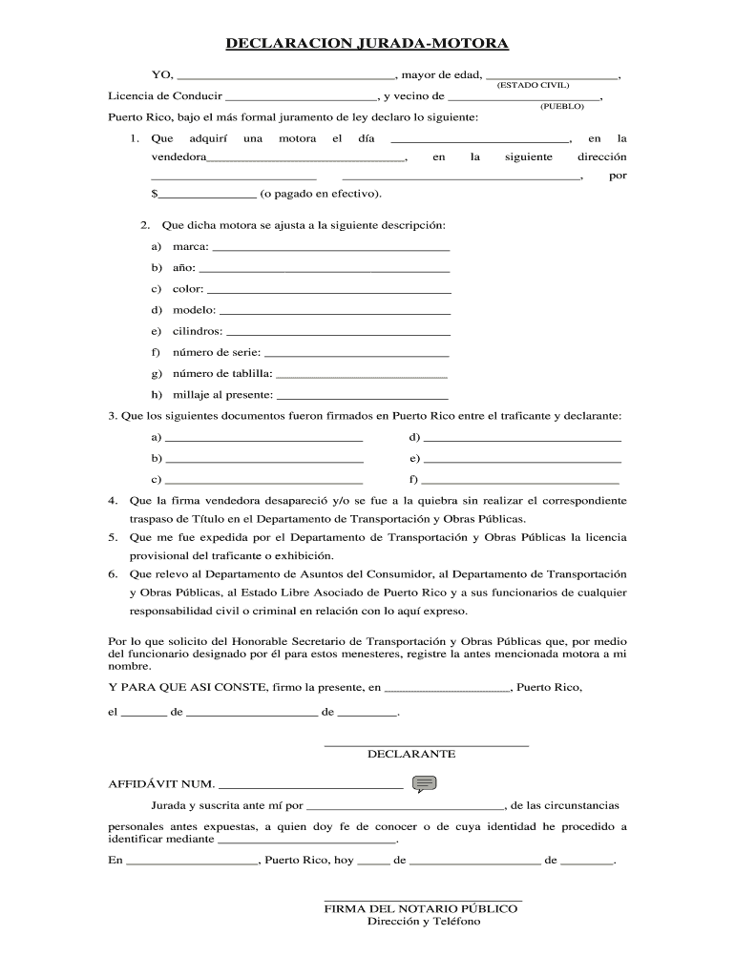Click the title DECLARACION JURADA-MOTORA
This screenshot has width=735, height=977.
(x=367, y=44)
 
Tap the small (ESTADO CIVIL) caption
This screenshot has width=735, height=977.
(x=533, y=86)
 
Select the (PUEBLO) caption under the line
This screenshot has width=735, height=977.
(x=561, y=107)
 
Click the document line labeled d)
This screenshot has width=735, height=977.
(x=522, y=438)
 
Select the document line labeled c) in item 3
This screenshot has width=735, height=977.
(x=263, y=480)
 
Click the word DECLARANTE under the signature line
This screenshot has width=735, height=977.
(x=411, y=754)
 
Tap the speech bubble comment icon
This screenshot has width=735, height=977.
(x=425, y=784)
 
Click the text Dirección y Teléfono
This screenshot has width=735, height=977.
(x=424, y=922)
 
